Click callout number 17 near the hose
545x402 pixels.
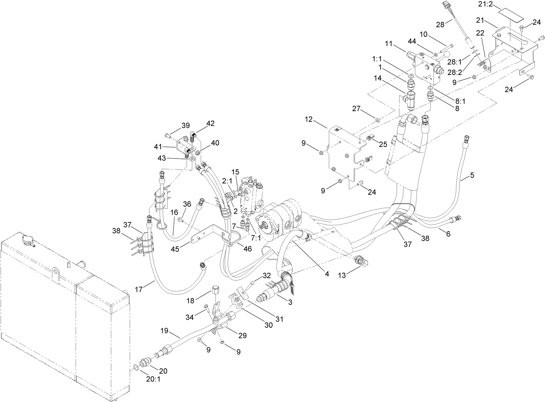click(138, 290)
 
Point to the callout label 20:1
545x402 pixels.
click(153, 379)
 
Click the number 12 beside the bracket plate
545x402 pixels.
click(309, 119)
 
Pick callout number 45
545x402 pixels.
click(175, 249)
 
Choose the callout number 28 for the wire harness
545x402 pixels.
click(440, 25)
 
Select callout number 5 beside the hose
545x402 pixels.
click(472, 175)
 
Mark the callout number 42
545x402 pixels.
click(210, 124)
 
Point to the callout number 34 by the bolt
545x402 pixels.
click(190, 318)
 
